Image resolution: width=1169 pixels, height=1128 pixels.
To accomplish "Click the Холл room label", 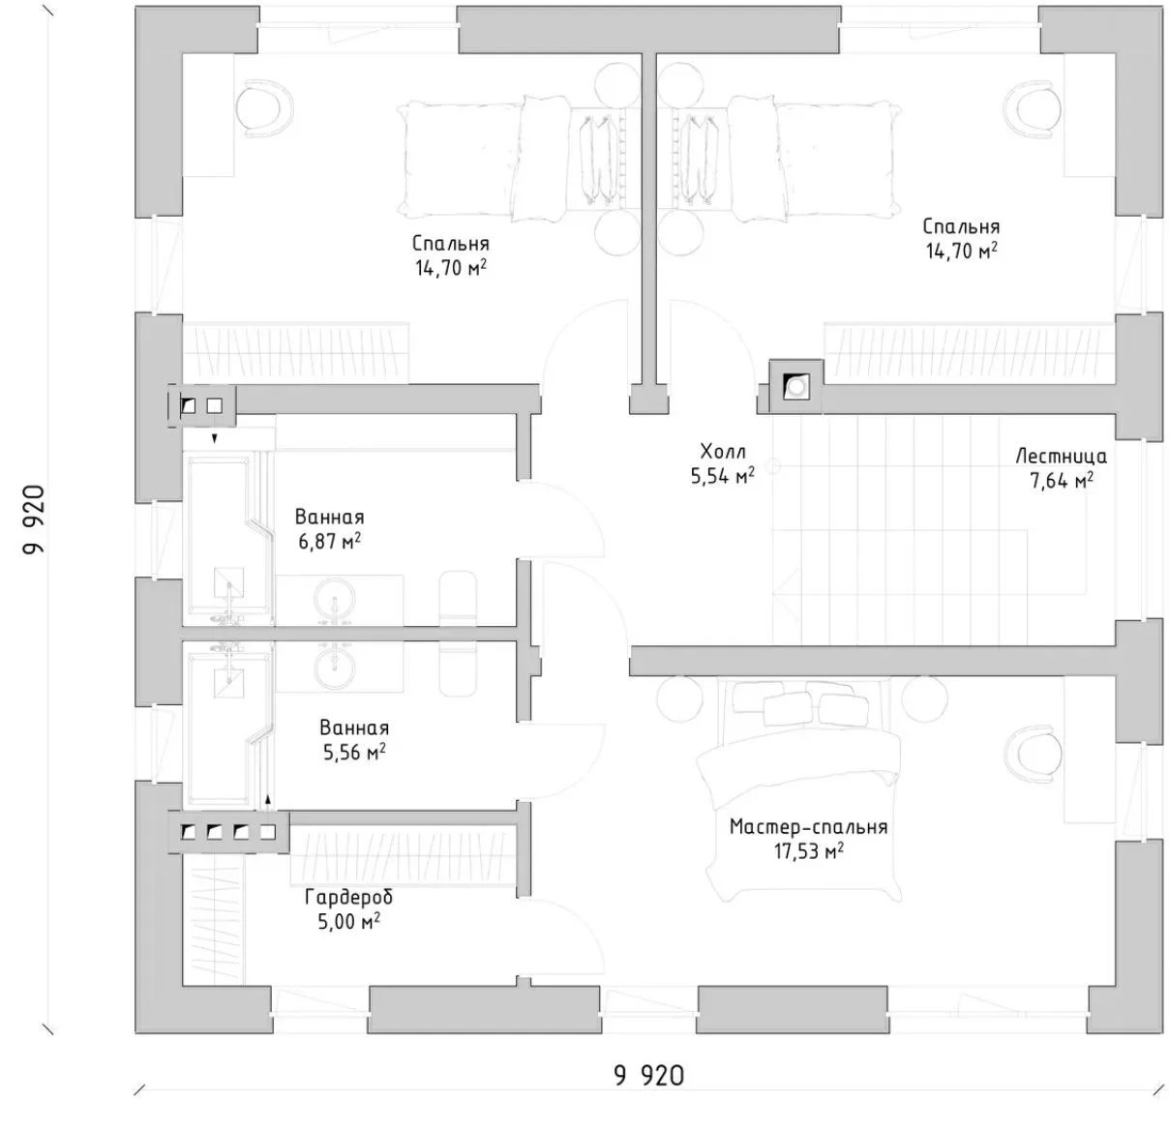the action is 723,451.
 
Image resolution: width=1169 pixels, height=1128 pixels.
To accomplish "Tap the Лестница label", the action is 1061,456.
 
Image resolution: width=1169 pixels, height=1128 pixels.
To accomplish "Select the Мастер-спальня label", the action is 808,827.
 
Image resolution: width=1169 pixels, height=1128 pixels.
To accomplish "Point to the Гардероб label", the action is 348,898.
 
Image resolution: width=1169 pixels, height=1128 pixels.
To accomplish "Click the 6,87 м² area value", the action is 330,541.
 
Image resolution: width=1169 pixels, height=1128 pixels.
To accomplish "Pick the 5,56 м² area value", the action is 354,752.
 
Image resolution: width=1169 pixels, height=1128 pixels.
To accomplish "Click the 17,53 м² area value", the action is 809,851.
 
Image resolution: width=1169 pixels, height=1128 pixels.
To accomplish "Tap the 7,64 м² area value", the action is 1062,481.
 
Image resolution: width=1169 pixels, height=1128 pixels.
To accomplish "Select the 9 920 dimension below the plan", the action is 648,1075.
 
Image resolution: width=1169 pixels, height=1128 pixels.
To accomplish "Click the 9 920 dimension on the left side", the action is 34,520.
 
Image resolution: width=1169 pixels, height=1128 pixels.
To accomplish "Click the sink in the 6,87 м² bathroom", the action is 334,600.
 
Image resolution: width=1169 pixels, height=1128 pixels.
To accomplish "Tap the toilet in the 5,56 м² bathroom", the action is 459,668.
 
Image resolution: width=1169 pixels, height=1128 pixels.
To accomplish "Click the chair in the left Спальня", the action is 264,108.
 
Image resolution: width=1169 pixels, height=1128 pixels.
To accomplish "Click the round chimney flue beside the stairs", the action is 796,386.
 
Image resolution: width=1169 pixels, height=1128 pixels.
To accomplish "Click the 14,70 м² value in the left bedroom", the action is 451,268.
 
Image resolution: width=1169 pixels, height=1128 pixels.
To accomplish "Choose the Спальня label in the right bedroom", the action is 961,226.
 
